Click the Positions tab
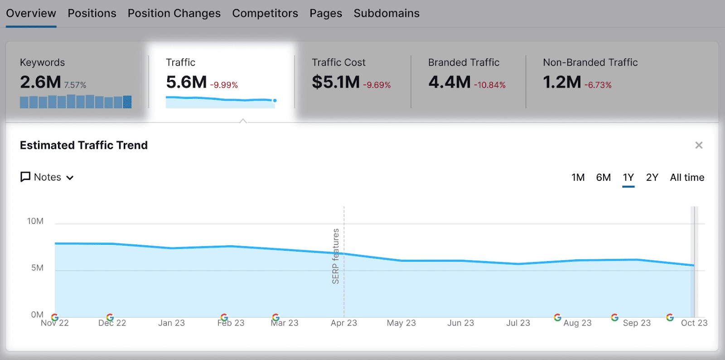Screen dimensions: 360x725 point(92,14)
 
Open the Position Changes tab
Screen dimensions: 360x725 point(174,14)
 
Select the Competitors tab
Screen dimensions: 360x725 point(265,14)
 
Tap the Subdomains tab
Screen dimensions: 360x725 point(387,14)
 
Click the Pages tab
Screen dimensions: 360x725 point(326,14)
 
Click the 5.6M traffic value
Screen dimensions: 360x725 point(186,83)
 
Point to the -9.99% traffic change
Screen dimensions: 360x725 point(224,85)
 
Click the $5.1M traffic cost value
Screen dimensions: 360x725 point(336,83)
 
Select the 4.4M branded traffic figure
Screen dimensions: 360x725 point(449,83)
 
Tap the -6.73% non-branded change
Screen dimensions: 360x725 point(598,85)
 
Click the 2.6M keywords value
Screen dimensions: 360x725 point(40,83)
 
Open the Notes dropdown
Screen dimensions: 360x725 point(47,177)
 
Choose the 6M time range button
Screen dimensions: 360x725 point(603,177)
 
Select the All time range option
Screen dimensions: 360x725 point(687,177)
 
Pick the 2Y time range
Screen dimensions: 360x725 point(652,177)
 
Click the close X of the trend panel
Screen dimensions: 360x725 point(699,145)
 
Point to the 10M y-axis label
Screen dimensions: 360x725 point(35,221)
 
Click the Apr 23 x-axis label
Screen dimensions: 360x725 point(343,323)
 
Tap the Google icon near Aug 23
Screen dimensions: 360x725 point(558,317)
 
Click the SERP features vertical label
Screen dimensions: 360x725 point(336,256)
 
